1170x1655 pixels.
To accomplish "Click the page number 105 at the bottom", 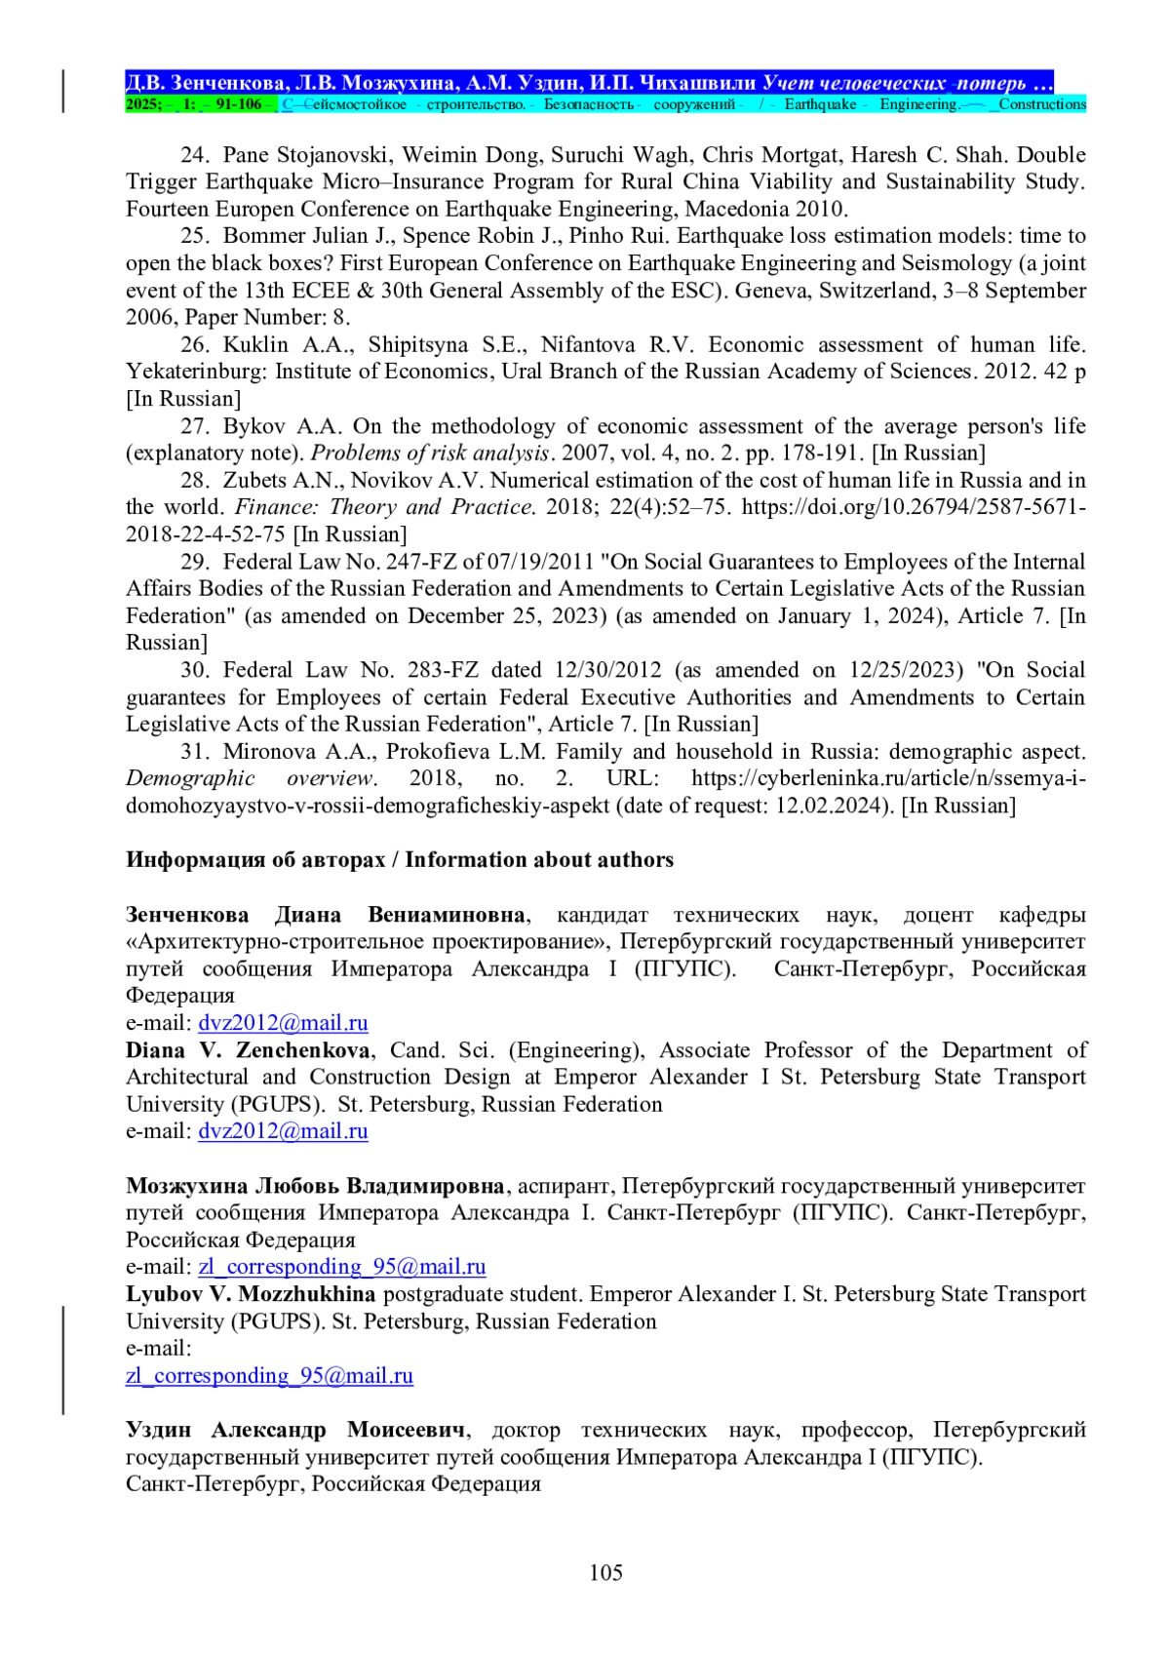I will [x=605, y=1572].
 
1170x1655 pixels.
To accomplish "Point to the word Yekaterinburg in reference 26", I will [x=196, y=372].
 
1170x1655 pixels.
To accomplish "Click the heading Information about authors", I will [x=539, y=860].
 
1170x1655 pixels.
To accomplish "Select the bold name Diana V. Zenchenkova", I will [x=248, y=1050].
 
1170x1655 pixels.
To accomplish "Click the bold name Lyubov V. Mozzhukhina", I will [x=251, y=1294].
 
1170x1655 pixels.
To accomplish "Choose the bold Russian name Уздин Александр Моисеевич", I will [x=296, y=1430].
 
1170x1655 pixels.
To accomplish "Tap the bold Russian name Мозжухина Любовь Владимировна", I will [x=315, y=1186].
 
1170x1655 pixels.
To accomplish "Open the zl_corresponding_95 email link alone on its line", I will [x=269, y=1376].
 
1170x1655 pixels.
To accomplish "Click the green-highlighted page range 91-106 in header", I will [x=238, y=104].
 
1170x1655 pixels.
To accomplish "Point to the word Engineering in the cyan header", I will [x=917, y=104].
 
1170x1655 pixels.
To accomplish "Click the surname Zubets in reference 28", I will [x=254, y=481].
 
